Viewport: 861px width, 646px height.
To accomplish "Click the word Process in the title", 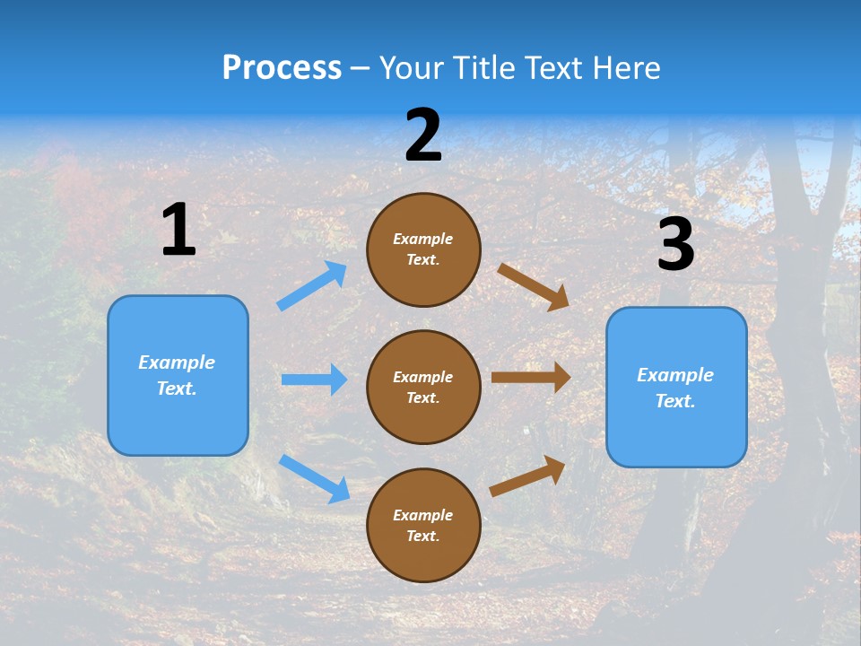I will [x=282, y=67].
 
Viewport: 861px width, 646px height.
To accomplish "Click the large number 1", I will [x=178, y=230].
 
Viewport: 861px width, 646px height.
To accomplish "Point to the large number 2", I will [x=423, y=135].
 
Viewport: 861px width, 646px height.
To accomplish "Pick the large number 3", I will [x=675, y=244].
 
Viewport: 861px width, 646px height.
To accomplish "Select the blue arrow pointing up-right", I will [x=312, y=285].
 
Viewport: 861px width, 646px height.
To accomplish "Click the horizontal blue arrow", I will [x=314, y=380].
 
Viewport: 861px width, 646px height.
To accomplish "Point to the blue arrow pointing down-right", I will [x=314, y=478].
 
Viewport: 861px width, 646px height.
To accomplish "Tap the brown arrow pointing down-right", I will [x=534, y=286].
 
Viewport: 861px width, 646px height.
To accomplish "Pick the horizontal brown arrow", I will [x=531, y=378].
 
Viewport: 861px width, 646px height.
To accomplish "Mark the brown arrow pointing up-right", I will [x=527, y=476].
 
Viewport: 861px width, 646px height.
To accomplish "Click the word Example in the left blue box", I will [x=177, y=362].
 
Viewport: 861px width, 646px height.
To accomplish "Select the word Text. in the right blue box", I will [x=675, y=401].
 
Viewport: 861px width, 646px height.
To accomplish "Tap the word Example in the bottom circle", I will [x=423, y=515].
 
